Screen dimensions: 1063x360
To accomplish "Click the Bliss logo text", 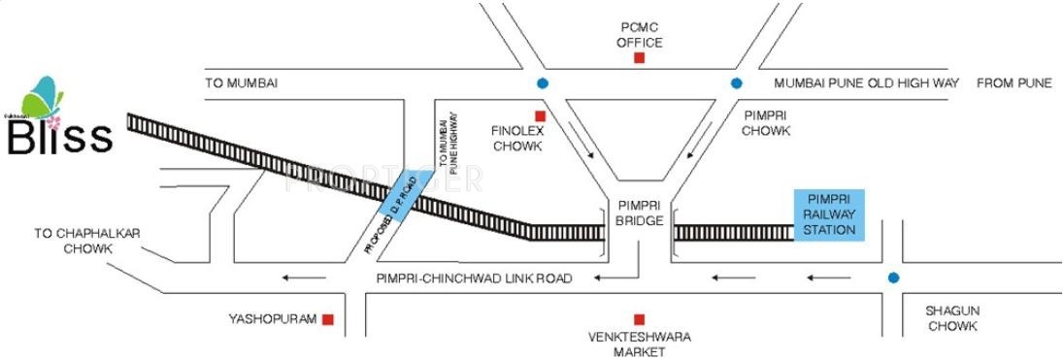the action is [60, 138].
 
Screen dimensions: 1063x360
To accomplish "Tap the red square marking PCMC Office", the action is [639, 58].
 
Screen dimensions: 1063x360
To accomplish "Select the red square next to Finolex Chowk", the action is [541, 116].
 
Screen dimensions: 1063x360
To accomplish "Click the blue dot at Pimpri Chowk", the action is [737, 83].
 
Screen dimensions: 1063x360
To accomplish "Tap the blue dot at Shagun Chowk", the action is [892, 278].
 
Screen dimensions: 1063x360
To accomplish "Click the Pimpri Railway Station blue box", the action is [824, 214].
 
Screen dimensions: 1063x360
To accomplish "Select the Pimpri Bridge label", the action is [639, 213].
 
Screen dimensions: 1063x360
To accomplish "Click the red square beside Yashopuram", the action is [329, 319].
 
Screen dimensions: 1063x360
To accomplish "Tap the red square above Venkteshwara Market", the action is [639, 319].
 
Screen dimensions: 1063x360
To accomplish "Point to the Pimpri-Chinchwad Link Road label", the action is [475, 278].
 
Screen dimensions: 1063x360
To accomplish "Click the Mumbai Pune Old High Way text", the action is [861, 83].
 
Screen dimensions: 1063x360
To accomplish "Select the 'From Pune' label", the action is [1013, 83].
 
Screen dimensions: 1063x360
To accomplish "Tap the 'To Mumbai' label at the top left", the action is [242, 83].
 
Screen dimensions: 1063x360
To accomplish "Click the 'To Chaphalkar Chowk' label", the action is [74, 241].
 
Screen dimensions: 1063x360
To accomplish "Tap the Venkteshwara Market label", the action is [639, 344].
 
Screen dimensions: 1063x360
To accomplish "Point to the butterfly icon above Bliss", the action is [45, 97].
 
